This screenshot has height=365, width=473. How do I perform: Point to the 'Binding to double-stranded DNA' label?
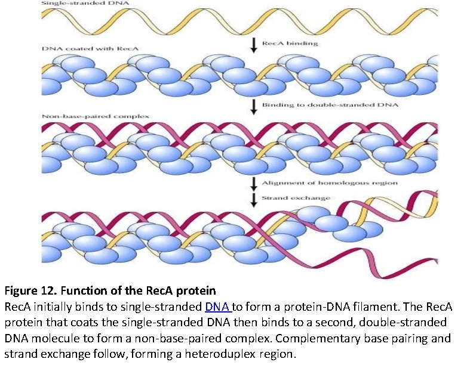[x=330, y=105]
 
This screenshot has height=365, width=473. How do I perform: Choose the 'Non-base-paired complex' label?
[x=88, y=116]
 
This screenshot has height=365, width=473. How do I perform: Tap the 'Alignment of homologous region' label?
[x=330, y=182]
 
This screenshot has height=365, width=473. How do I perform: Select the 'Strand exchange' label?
[x=296, y=197]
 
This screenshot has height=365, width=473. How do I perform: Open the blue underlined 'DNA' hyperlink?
[x=217, y=307]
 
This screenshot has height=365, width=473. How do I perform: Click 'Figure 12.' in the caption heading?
[x=29, y=292]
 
